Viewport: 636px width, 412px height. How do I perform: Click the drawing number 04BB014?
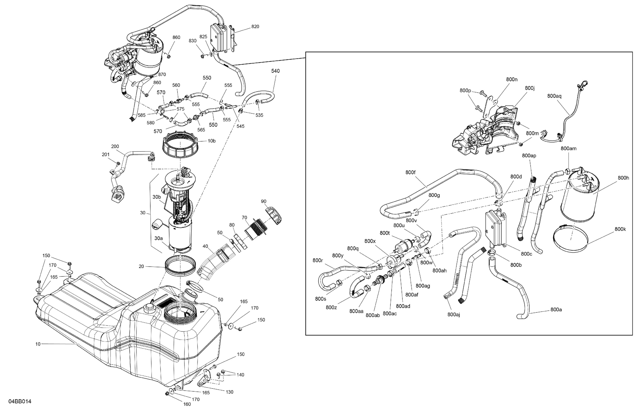20,401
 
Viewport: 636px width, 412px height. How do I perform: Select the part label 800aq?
554,96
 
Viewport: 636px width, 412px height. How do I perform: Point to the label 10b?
212,141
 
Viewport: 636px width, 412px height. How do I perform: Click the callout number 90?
263,201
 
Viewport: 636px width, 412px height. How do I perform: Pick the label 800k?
620,229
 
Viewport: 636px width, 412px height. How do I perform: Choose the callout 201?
106,155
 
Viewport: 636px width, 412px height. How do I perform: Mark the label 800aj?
454,315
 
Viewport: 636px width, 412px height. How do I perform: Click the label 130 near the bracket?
229,392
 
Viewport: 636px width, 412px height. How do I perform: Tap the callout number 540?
275,71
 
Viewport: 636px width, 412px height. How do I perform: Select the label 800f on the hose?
410,173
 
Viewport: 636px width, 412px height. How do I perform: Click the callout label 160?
187,404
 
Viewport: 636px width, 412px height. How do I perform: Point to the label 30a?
158,238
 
